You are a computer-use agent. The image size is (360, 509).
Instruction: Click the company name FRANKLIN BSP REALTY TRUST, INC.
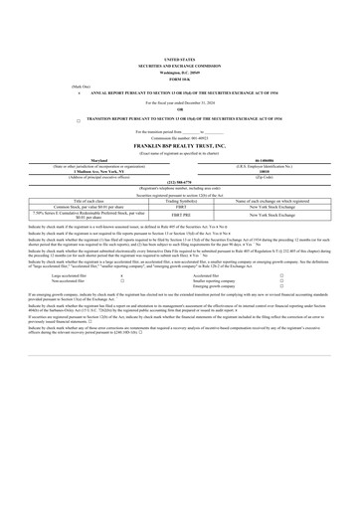179,146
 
